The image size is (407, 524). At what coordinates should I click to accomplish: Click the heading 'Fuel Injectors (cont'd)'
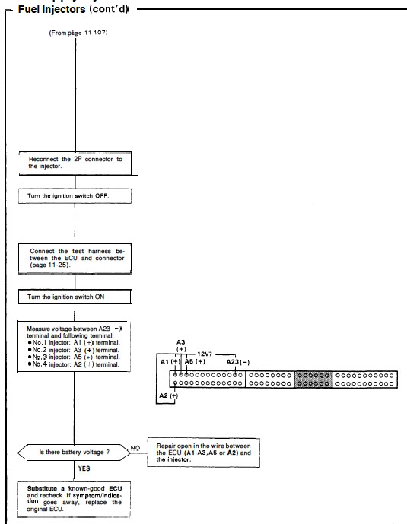[x=73, y=9]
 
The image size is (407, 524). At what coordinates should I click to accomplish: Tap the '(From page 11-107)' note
[x=78, y=33]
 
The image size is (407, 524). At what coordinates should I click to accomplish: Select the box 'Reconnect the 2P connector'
[x=75, y=163]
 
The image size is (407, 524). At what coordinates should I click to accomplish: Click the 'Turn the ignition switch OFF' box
[x=75, y=196]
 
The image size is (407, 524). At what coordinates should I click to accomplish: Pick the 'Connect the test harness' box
[x=75, y=259]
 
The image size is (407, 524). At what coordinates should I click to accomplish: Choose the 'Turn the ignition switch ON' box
[x=75, y=297]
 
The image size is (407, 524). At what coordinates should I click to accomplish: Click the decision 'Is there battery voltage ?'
[x=74, y=453]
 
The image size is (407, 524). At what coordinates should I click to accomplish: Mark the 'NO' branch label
[x=135, y=448]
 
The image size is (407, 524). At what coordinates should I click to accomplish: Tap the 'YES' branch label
[x=84, y=468]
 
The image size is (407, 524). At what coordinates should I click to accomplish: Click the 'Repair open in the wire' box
[x=204, y=453]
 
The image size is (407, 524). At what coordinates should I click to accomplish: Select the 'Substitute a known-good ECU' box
[x=74, y=499]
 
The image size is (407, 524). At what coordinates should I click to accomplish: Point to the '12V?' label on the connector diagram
[x=205, y=354]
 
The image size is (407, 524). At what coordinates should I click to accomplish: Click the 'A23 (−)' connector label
[x=238, y=362]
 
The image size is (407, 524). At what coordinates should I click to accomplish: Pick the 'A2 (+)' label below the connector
[x=169, y=395]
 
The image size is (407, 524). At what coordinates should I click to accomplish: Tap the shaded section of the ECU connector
[x=313, y=380]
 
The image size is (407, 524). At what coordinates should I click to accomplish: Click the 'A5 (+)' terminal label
[x=195, y=361]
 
